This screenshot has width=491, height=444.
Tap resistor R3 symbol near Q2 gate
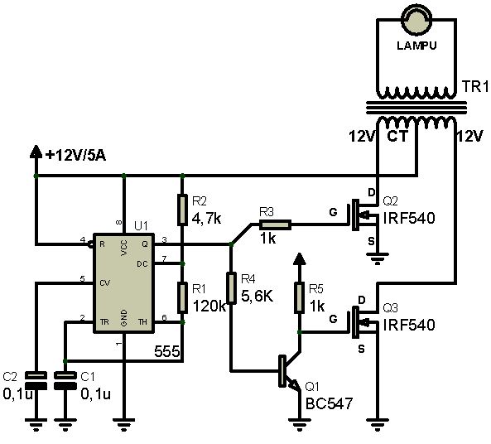(275, 224)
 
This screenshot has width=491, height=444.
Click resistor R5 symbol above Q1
(300, 297)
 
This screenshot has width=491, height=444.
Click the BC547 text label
(330, 404)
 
